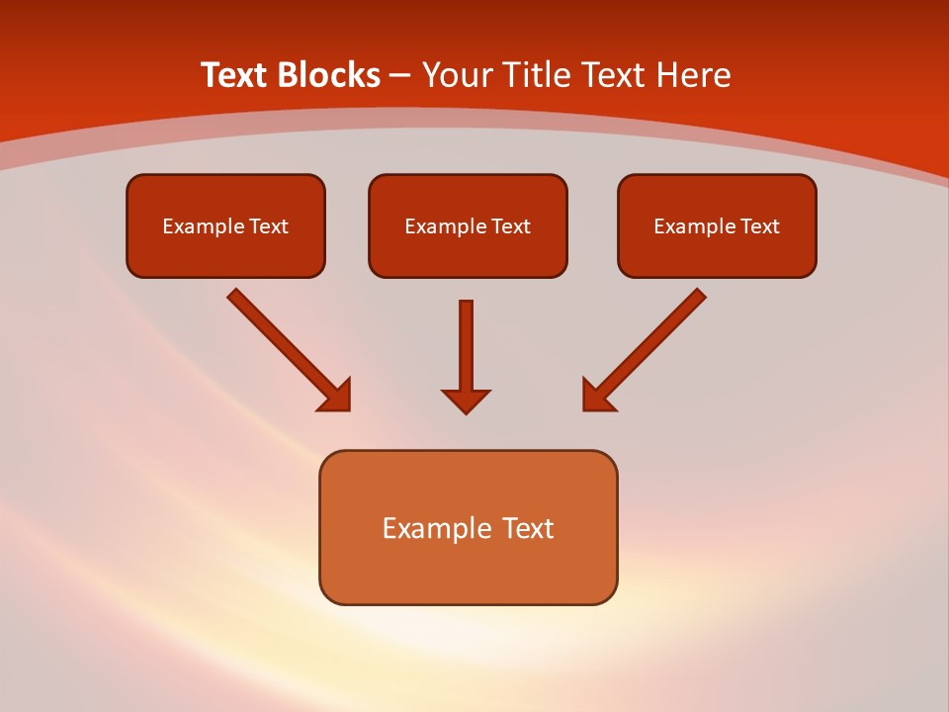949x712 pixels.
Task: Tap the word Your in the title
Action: pos(458,75)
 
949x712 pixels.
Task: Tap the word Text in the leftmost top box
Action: pos(268,226)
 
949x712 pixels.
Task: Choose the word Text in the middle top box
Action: pos(510,226)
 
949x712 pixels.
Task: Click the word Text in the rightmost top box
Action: pos(759,226)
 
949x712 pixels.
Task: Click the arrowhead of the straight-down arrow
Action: pos(466,400)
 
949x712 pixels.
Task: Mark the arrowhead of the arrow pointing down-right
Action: pos(336,396)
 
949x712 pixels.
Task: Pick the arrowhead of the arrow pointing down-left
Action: pos(597,396)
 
